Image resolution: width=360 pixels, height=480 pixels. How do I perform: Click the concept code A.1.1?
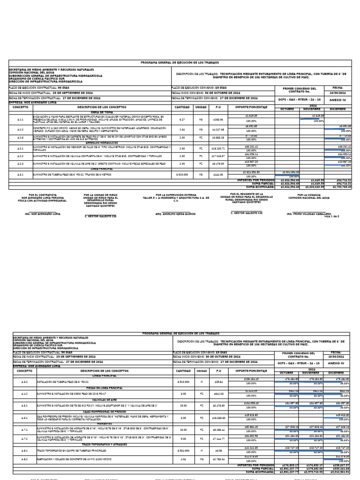(x=20, y=119)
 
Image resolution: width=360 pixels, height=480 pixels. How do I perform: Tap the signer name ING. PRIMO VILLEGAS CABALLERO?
(x=309, y=213)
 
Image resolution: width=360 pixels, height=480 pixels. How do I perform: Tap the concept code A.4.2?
(x=25, y=394)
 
